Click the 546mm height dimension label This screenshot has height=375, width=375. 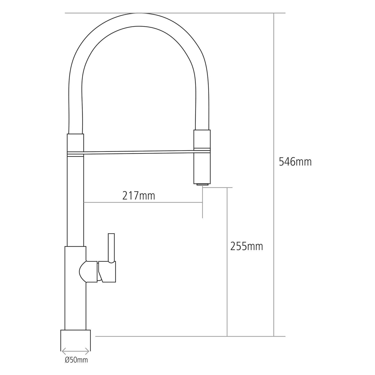coord(295,162)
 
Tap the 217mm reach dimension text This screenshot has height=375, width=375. coord(139,196)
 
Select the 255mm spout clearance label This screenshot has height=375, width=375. coord(246,246)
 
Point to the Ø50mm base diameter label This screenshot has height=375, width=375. coord(76,360)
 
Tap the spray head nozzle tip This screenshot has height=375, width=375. coord(202,184)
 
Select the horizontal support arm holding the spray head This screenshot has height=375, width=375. coord(139,152)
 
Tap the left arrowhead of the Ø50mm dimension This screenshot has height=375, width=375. coord(63,351)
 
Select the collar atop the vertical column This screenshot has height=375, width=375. coord(75,142)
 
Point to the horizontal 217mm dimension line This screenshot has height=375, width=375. coord(142,202)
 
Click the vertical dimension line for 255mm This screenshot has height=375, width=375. coord(227,287)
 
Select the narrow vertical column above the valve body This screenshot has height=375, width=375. coord(75,200)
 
